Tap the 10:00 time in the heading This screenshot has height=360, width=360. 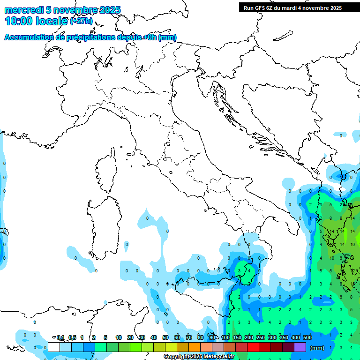tap(18, 21)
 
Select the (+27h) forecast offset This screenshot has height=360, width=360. tap(82, 21)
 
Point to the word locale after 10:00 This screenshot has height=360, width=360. tap(51, 21)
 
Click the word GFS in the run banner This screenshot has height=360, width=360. tap(260, 8)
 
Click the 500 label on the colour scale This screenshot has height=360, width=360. tap(307, 337)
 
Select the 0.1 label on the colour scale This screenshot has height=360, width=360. tap(61, 337)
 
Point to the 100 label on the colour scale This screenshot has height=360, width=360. tap(225, 337)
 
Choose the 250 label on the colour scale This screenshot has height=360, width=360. tap(261, 337)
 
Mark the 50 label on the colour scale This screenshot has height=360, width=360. tap(165, 337)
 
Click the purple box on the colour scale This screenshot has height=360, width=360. tap(300, 347)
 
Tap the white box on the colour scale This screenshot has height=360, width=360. tap(54, 347)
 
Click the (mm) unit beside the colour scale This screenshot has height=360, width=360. tap(317, 348)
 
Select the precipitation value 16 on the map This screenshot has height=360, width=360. tap(352, 245)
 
